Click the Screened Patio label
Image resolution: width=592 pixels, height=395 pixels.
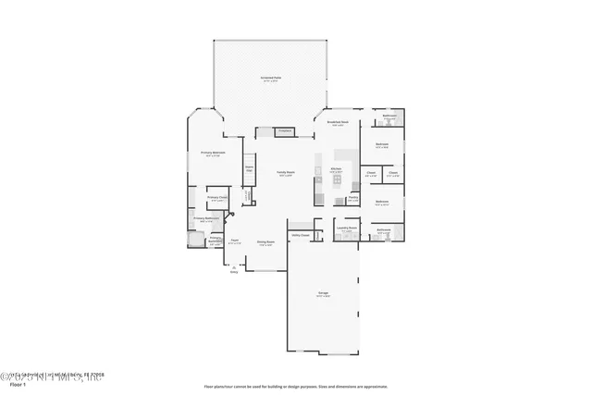[270, 80]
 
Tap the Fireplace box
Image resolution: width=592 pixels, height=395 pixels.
[284, 131]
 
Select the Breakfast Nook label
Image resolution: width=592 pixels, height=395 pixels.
[339, 122]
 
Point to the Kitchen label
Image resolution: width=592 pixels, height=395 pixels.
[336, 170]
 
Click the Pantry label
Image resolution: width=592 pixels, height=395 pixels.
[352, 197]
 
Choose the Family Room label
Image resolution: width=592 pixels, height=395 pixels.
[285, 173]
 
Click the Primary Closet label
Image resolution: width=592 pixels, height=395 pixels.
[217, 197]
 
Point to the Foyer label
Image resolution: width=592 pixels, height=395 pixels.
[235, 241]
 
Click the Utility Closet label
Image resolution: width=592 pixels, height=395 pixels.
[300, 236]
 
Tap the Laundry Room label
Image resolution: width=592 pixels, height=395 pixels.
[347, 229]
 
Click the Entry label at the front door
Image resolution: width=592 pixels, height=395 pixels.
[234, 273]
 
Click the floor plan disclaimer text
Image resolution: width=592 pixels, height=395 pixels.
[295, 386]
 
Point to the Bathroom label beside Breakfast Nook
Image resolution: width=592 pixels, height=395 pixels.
[389, 117]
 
